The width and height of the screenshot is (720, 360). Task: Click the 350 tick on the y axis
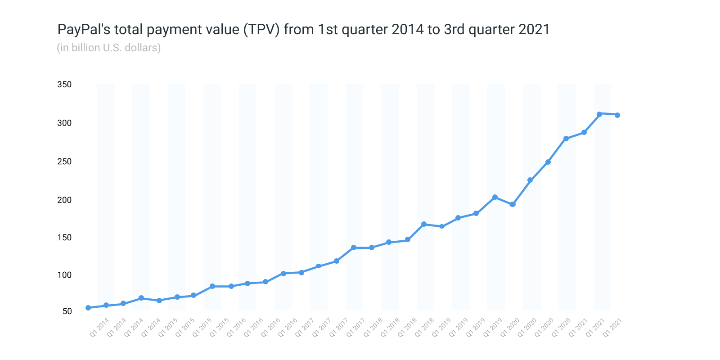point(64,85)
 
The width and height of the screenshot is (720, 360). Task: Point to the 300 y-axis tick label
point(64,123)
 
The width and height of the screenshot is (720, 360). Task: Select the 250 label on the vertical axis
point(64,162)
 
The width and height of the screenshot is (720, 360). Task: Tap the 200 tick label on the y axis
point(64,200)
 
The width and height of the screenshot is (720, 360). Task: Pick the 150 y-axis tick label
point(64,238)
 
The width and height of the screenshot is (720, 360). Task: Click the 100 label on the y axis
point(64,275)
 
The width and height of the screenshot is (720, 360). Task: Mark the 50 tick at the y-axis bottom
point(67,311)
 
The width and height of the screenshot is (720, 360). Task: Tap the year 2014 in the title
point(408,30)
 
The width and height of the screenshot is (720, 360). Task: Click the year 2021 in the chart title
point(534,30)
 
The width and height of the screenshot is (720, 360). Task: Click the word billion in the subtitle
point(85,48)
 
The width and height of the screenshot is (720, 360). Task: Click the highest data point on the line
point(599,114)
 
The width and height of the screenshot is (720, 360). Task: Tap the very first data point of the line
point(88,308)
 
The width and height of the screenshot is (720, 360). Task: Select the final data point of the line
point(617,115)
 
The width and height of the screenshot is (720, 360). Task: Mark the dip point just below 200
point(513,204)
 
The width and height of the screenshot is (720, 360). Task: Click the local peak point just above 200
point(495,197)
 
